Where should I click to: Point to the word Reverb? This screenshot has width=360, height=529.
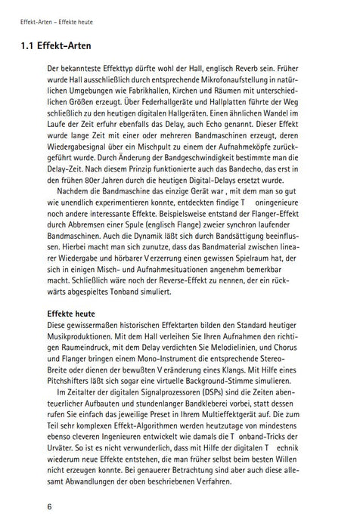(261, 77)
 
